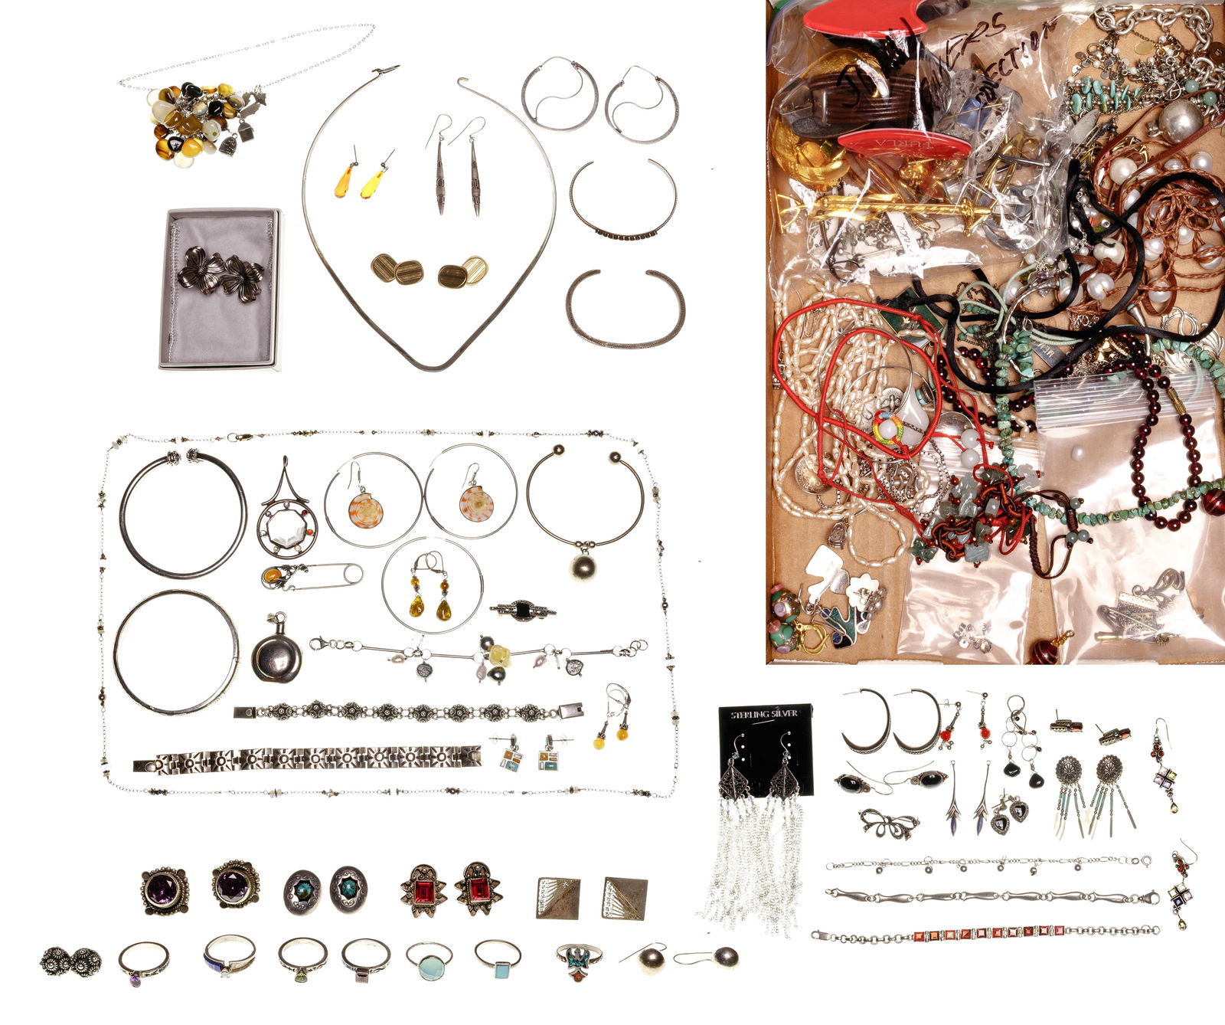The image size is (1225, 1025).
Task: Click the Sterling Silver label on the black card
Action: (764, 714)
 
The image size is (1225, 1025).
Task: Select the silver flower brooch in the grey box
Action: (220, 274)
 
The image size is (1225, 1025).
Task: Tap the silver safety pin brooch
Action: (311, 575)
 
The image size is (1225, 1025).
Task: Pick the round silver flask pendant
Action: (276, 658)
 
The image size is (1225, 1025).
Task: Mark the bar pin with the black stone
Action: (523, 611)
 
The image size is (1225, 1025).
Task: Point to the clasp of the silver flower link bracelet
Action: (570, 710)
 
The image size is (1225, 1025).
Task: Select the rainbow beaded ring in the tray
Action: (889, 429)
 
